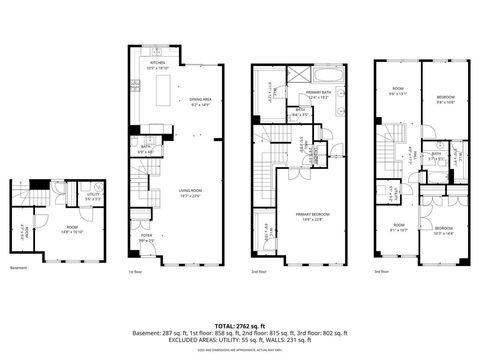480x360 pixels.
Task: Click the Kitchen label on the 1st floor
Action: (x=157, y=65)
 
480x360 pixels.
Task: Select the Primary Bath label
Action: (x=318, y=94)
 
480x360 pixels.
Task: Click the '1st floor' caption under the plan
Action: (x=135, y=271)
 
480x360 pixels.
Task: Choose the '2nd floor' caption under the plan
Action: (x=258, y=271)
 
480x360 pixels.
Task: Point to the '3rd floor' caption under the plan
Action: (x=381, y=271)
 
